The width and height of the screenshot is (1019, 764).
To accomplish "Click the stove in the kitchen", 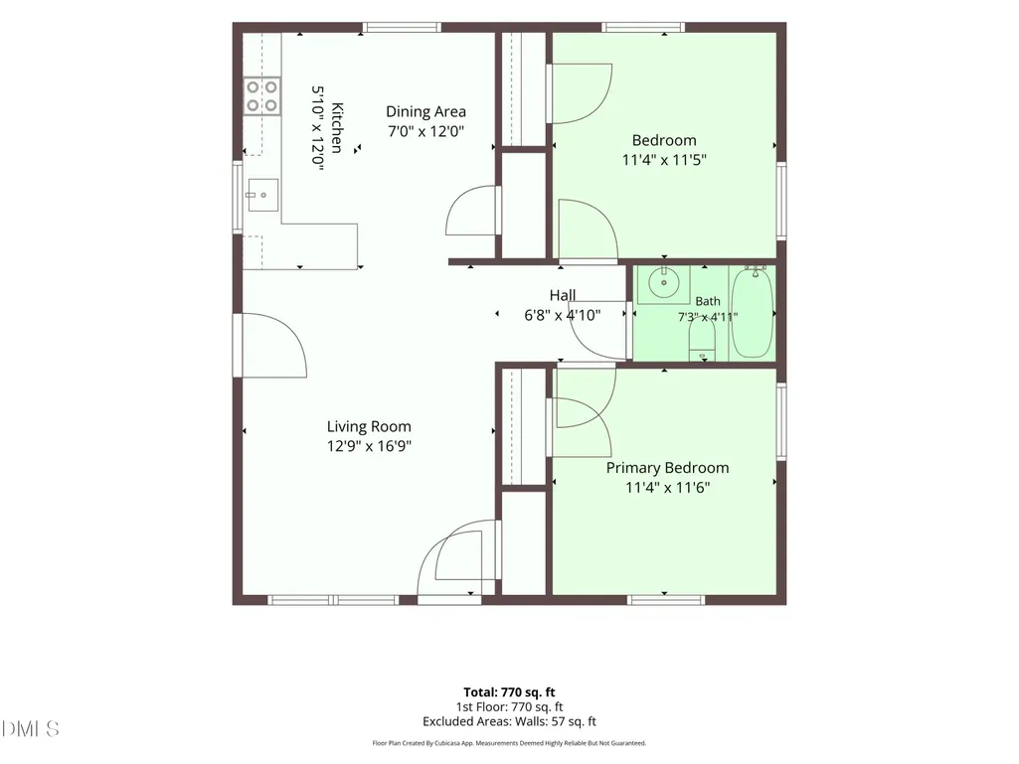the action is click(261, 96).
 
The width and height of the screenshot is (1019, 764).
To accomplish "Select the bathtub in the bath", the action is click(752, 313).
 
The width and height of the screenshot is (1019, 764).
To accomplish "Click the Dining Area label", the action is click(425, 111).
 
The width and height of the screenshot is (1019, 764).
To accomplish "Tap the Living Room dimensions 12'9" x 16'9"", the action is click(369, 446).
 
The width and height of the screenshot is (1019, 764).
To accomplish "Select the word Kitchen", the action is click(337, 127).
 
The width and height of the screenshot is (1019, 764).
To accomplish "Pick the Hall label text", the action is click(563, 295).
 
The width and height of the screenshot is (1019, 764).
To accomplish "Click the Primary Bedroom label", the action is click(667, 468).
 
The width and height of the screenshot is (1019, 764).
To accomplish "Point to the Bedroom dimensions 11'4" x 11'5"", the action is click(664, 160).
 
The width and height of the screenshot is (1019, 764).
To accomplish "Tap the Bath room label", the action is click(708, 301).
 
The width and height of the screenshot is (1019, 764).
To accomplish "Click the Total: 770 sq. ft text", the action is click(509, 692).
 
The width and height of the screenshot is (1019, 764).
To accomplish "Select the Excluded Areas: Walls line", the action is click(509, 721).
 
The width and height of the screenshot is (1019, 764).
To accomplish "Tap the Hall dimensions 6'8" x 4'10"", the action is click(562, 315).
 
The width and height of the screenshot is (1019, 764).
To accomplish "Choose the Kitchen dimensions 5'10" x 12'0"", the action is click(317, 128).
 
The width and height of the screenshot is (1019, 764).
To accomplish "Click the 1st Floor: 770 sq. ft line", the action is click(509, 706).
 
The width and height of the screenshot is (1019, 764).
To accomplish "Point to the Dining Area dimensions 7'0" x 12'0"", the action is click(425, 131).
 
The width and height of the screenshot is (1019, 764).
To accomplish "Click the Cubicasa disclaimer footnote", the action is click(509, 743).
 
